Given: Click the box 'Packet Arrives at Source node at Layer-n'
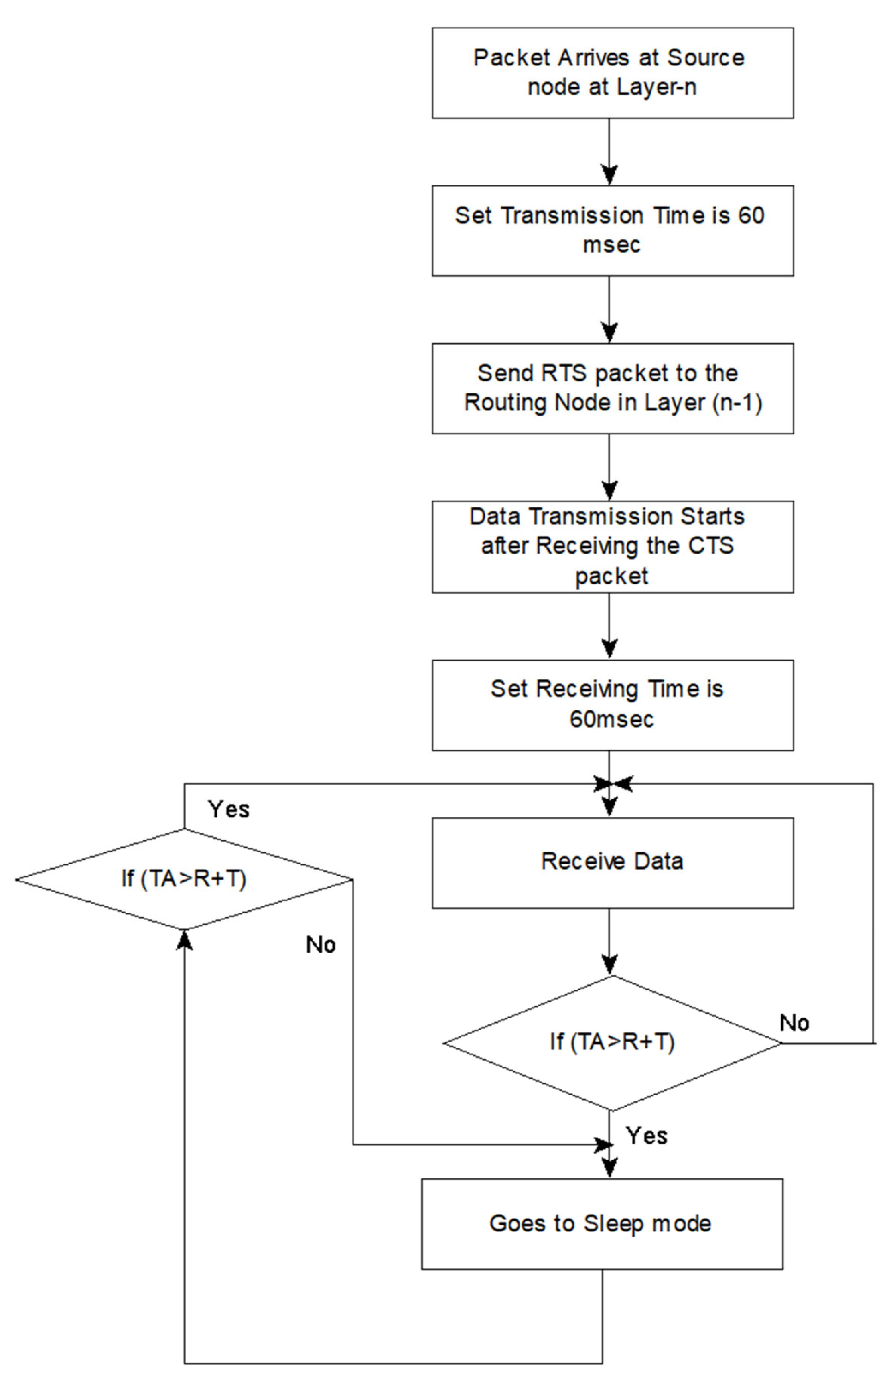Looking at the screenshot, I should click(613, 73).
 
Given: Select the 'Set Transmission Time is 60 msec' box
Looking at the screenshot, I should click(613, 231).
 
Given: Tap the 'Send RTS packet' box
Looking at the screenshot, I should click(613, 388).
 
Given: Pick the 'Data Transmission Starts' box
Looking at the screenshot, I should click(613, 547).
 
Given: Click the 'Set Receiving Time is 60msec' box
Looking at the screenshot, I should click(613, 705).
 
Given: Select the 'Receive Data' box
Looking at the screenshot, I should click(613, 863).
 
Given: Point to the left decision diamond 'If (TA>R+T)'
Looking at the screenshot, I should click(184, 879).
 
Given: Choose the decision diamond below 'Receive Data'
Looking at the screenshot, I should click(613, 1043).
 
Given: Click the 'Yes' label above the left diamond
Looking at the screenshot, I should click(228, 809).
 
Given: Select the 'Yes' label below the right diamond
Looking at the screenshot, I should click(646, 1136).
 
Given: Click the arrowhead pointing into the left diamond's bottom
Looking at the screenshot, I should click(184, 940).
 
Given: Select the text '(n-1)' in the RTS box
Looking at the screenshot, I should click(737, 403).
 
